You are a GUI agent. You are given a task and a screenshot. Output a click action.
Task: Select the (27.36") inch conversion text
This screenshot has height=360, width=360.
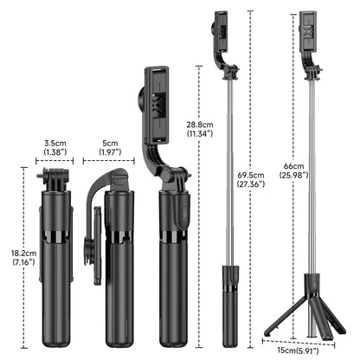coord(251,185)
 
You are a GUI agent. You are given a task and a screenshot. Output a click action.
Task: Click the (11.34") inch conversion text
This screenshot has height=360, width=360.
coord(200,135)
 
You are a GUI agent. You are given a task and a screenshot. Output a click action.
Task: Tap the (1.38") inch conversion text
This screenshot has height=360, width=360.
coord(56,153)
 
